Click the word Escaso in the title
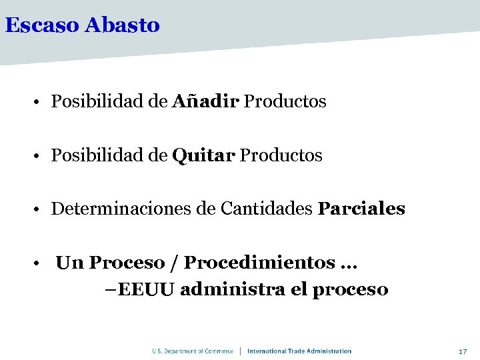(42, 25)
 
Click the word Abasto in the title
(123, 25)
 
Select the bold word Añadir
(206, 101)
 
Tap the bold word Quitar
(203, 155)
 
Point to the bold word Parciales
(361, 209)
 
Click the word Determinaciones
(121, 209)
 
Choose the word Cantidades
(266, 209)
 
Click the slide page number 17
(463, 351)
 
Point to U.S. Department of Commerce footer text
(193, 351)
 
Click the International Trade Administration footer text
(299, 351)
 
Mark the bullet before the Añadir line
(41, 103)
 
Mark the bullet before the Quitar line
(41, 157)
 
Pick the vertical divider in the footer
(241, 351)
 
